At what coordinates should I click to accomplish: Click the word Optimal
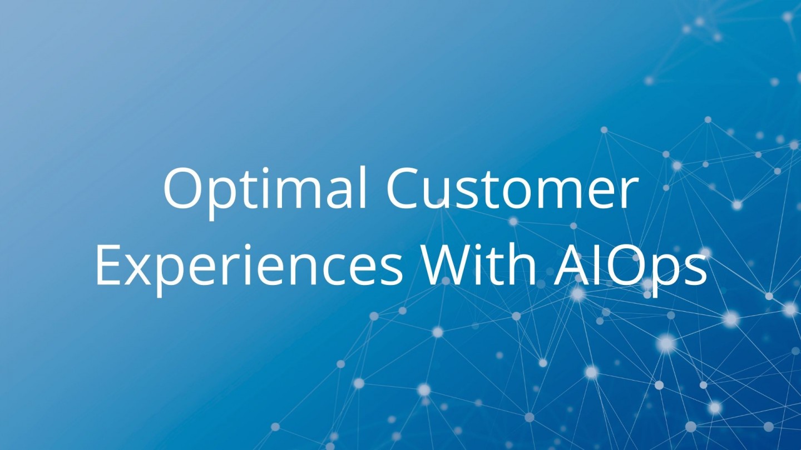click(x=265, y=192)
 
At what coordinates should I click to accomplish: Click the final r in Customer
click(x=629, y=194)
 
